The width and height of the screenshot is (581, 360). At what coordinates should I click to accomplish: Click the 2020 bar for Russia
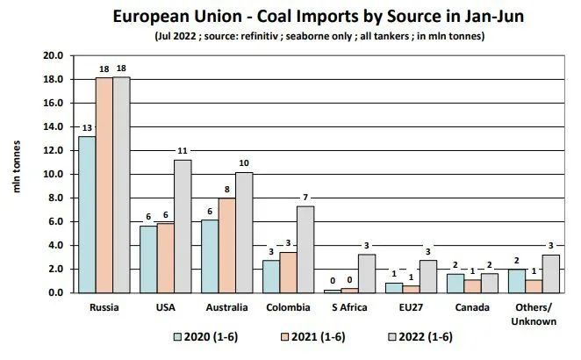coord(86,214)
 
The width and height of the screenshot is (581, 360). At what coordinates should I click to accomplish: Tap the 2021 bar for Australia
coord(226,245)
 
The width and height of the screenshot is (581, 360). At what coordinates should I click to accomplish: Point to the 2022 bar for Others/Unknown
coord(552,273)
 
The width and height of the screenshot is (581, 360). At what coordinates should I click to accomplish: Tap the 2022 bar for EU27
coord(427,276)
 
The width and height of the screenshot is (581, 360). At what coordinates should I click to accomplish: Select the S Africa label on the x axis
coord(349,308)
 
